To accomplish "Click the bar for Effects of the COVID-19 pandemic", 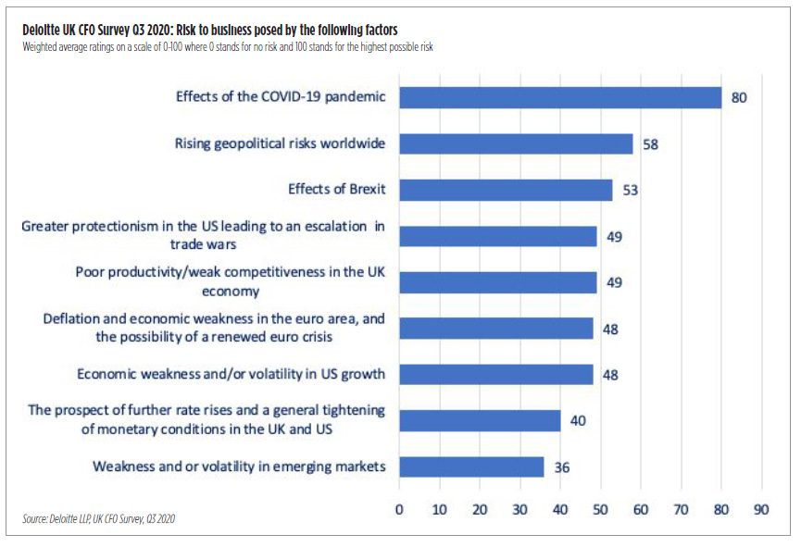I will [x=560, y=97].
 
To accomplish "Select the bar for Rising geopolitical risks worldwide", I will [x=516, y=143].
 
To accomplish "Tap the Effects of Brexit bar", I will [x=506, y=190].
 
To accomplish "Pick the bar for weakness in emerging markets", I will [x=471, y=466].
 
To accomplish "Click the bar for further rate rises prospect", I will [x=480, y=420].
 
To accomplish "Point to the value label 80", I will [x=738, y=97].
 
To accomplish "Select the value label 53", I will [x=630, y=191].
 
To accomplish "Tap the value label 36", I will [x=561, y=467].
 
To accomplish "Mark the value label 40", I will [x=578, y=421].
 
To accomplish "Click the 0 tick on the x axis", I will [x=399, y=508].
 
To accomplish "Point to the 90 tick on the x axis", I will [x=761, y=508].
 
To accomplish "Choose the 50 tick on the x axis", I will [x=600, y=508].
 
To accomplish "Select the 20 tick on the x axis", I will [x=480, y=508].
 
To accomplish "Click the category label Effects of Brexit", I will [x=337, y=190].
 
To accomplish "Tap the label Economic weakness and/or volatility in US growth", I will [x=231, y=374].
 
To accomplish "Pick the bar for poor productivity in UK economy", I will [x=498, y=282].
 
